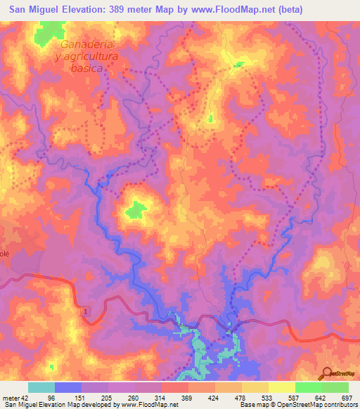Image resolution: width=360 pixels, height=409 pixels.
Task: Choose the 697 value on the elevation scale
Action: click(x=348, y=398)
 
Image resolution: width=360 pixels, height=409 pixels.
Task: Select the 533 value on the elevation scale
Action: click(x=268, y=398)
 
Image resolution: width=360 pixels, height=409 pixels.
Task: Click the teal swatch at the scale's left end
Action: click(x=41, y=387)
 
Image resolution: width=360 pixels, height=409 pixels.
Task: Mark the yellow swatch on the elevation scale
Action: click(x=281, y=387)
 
